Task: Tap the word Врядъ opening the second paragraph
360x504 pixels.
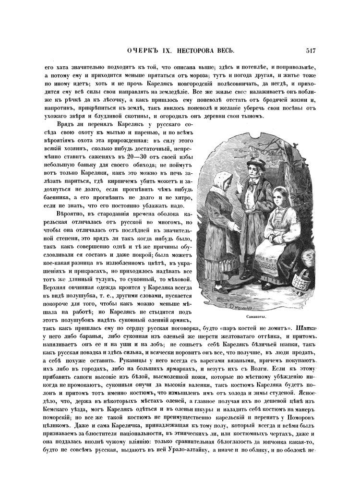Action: (x=67, y=124)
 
